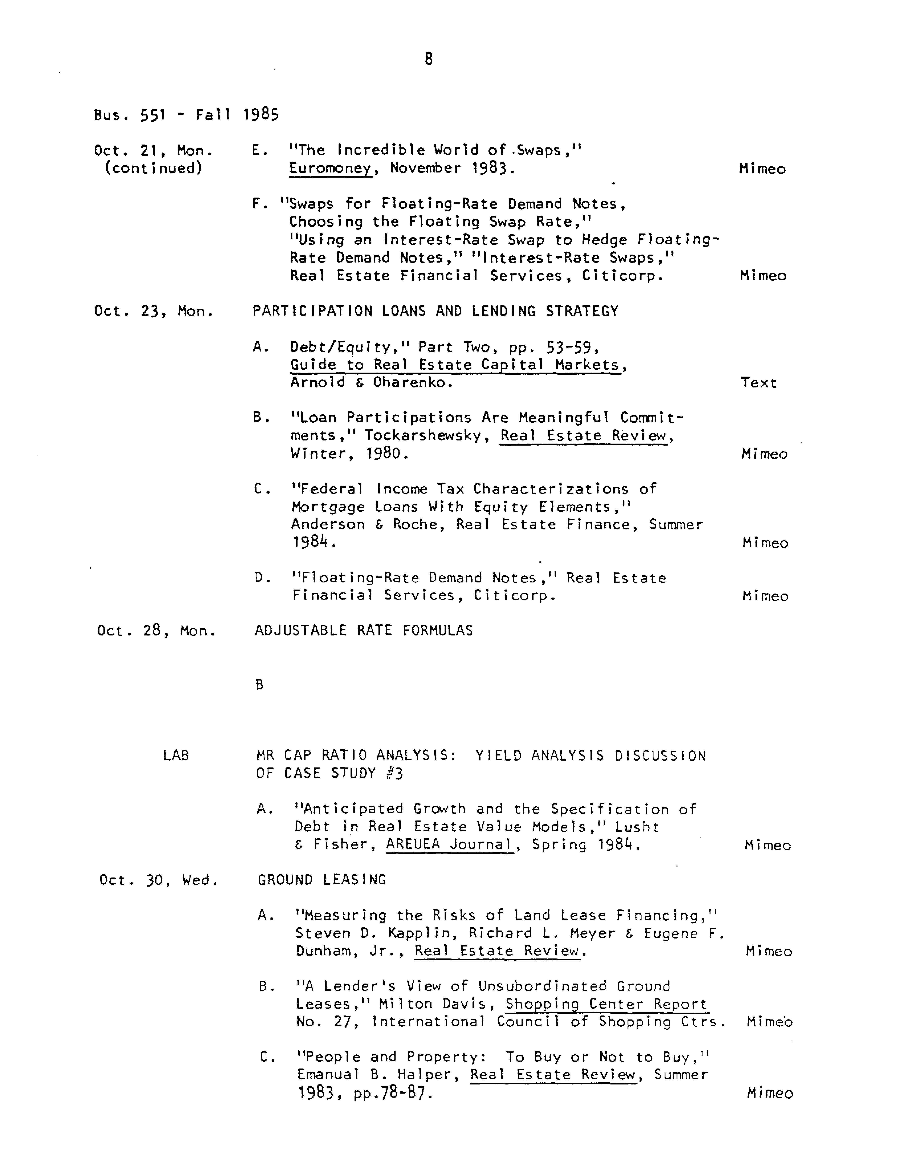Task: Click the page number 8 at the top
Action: pyautogui.click(x=428, y=59)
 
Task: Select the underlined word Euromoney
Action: pyautogui.click(x=330, y=168)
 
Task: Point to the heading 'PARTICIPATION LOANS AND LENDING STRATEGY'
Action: pyautogui.click(x=435, y=311)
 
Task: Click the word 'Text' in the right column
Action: pyautogui.click(x=758, y=383)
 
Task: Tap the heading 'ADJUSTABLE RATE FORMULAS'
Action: pyautogui.click(x=364, y=631)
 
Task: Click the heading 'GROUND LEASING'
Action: pyautogui.click(x=322, y=880)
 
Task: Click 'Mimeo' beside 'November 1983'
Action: pyautogui.click(x=762, y=170)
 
